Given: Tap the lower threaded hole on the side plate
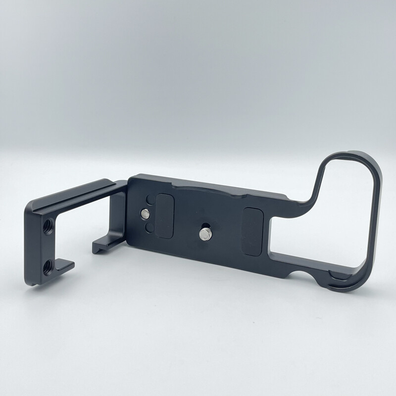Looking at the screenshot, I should (x=48, y=268).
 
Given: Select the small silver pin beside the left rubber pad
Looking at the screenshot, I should (x=145, y=214).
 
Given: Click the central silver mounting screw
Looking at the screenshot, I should (x=205, y=234).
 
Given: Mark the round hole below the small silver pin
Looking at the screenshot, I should (x=149, y=227).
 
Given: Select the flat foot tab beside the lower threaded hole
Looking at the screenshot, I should (x=64, y=266).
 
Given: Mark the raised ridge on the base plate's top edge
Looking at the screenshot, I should (x=208, y=189).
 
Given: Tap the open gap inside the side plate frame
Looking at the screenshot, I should (x=84, y=228).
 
